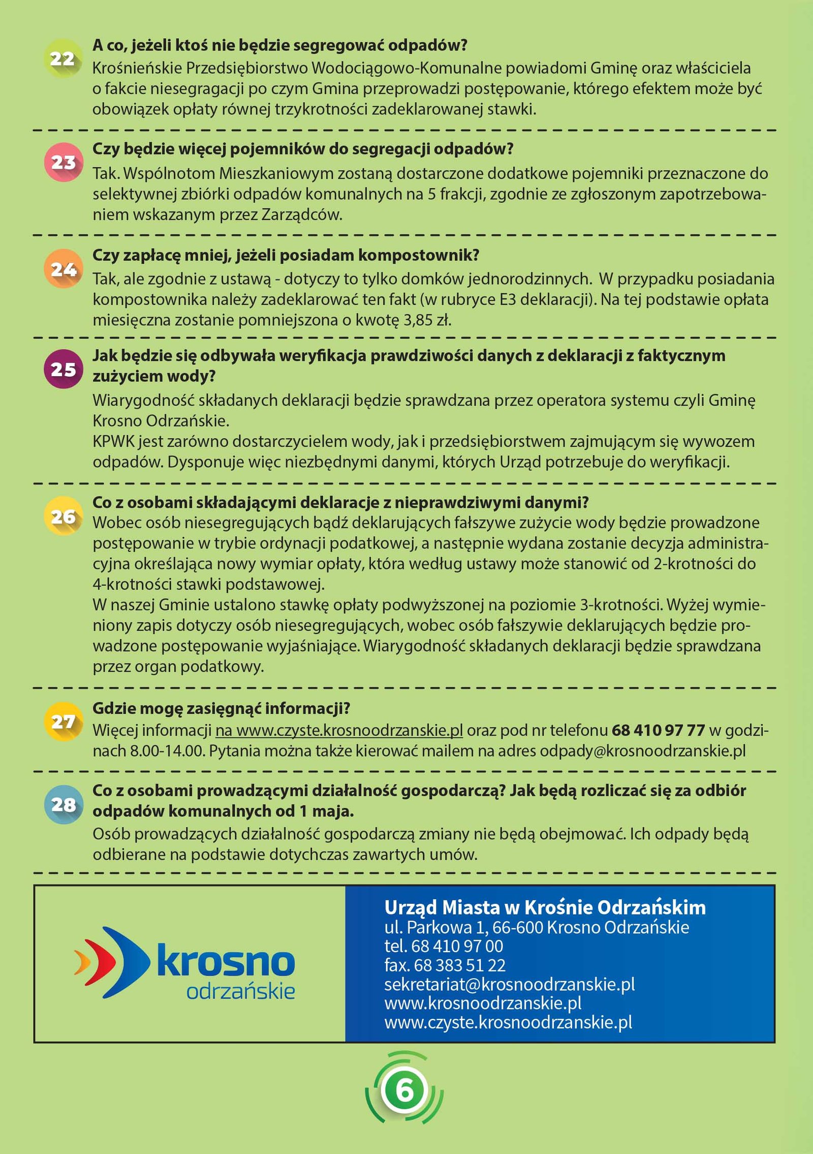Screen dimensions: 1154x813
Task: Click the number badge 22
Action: tap(63, 59)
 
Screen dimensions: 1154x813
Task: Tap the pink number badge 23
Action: tap(63, 163)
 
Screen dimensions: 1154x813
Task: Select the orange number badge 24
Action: tap(63, 269)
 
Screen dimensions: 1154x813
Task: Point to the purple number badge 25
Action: tap(63, 369)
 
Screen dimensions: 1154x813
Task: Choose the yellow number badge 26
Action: tap(63, 517)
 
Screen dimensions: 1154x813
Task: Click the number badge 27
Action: tap(63, 721)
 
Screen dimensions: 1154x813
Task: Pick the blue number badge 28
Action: tap(63, 804)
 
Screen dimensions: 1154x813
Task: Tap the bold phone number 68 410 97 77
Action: tap(658, 731)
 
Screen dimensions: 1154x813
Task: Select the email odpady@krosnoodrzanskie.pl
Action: tap(642, 751)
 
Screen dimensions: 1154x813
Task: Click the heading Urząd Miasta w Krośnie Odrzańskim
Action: tap(545, 907)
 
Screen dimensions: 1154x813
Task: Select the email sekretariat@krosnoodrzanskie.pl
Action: tap(509, 984)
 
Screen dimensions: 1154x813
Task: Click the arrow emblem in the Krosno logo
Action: tap(112, 962)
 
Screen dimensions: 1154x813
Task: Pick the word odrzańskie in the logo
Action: tap(240, 991)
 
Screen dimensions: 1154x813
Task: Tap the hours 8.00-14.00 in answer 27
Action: tap(167, 751)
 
